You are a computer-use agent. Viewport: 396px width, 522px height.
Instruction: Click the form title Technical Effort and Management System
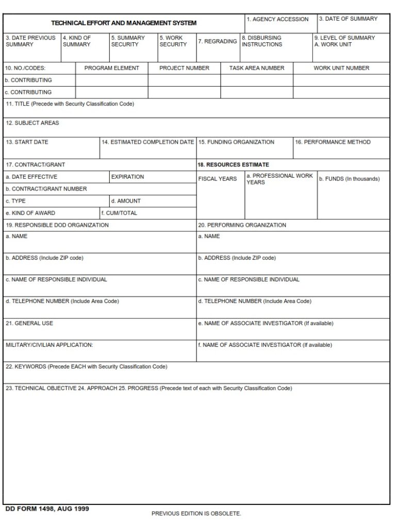123,23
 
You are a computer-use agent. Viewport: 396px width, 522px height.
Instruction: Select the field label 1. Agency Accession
277,20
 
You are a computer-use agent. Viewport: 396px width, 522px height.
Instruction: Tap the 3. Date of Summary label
348,19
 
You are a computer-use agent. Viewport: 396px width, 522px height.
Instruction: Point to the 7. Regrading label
218,41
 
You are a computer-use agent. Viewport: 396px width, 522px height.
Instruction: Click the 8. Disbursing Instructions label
262,41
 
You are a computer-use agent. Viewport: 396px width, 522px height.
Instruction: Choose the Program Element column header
111,68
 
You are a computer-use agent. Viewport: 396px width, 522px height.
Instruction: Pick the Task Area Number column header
257,68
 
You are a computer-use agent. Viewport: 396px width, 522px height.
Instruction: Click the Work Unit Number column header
341,68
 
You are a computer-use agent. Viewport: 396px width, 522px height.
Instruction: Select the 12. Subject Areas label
32,123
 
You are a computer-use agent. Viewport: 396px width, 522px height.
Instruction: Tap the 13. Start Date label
27,142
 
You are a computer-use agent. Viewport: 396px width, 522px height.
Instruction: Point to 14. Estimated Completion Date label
148,142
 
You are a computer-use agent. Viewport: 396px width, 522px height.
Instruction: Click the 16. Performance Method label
333,142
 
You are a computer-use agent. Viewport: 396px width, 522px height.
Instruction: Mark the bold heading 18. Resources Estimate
233,165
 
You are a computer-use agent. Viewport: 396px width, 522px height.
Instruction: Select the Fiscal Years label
218,179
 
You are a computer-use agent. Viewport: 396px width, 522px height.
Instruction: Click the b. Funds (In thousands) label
349,179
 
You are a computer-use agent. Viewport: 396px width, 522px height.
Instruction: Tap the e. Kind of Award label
30,213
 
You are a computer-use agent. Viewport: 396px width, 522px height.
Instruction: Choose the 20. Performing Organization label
242,225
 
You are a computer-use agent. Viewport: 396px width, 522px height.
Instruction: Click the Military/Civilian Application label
49,345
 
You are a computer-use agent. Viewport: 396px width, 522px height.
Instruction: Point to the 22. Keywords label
86,367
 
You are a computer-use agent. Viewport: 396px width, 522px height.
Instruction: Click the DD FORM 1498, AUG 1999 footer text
47,509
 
